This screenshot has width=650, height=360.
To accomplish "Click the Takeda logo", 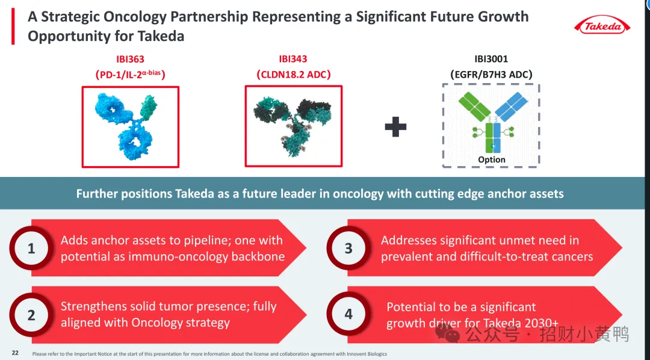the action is [602, 26].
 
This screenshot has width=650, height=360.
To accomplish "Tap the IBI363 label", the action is [130, 60].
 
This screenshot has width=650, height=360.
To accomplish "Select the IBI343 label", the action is [293, 59].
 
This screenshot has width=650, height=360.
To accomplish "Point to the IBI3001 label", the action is [491, 59].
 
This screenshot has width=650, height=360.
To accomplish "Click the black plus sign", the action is [395, 126].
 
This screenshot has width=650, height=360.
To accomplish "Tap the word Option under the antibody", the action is [492, 160].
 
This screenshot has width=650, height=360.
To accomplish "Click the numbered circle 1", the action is [31, 248].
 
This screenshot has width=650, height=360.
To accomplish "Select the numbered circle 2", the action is [31, 315].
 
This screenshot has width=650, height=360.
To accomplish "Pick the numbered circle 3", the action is [348, 248].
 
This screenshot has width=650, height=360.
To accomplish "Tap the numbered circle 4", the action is [348, 314].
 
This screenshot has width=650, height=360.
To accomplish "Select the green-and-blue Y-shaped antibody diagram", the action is [493, 122].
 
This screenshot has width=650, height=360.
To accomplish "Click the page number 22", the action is [15, 353].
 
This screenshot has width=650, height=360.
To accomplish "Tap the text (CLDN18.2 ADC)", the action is [294, 75].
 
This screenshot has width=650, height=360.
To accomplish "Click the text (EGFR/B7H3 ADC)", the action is [491, 75].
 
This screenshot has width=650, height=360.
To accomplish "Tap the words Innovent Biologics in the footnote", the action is [367, 354].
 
